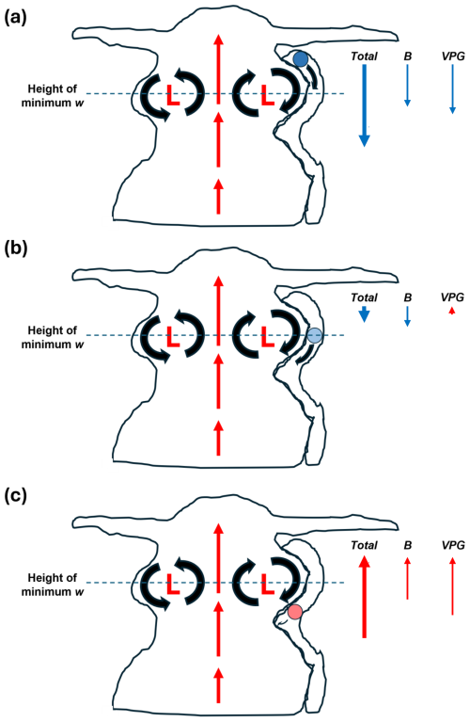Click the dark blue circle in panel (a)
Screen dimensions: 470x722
click(x=300, y=58)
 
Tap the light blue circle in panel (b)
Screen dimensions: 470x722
click(x=315, y=335)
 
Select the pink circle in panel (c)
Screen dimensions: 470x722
click(x=295, y=612)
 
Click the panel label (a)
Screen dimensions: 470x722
click(x=15, y=18)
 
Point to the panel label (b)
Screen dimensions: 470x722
click(x=16, y=249)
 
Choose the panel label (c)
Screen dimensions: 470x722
click(x=15, y=496)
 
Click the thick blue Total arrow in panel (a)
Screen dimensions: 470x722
click(x=364, y=105)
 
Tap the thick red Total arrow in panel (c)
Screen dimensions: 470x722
click(x=364, y=597)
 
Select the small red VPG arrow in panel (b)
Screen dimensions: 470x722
click(x=452, y=312)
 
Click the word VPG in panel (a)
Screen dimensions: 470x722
click(x=453, y=56)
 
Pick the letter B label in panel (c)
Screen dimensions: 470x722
click(x=407, y=545)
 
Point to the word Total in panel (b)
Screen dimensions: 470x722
click(x=364, y=297)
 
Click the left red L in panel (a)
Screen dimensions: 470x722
click(x=173, y=94)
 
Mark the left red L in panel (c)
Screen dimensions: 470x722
click(x=173, y=584)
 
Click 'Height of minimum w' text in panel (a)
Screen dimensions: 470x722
click(x=53, y=95)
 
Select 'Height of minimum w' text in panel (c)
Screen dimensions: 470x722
click(x=53, y=585)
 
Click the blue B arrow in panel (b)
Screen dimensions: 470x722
click(x=407, y=316)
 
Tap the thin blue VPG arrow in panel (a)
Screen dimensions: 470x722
click(x=452, y=88)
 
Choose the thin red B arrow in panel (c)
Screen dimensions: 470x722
click(x=407, y=578)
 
